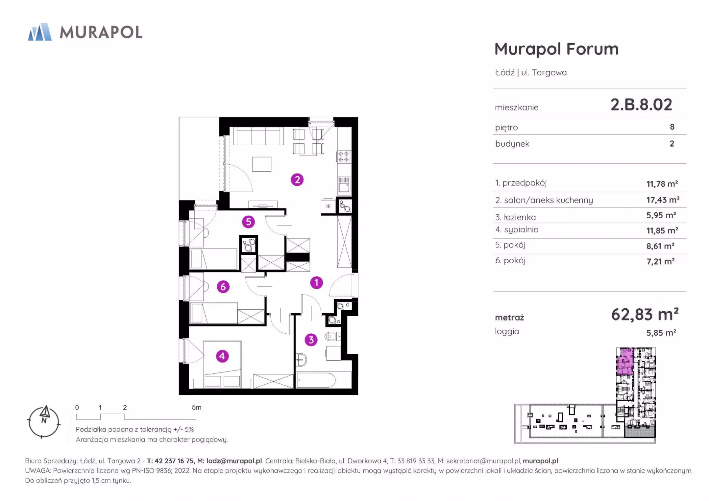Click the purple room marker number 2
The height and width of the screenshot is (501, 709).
pos(297,180)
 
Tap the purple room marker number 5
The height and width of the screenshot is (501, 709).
pos(249,222)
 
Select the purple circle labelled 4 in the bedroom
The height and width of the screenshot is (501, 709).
pos(222,356)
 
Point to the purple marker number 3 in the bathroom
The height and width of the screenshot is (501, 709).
pos(311,340)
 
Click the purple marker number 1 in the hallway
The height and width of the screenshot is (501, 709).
pos(316,283)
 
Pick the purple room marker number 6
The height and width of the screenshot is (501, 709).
pos(223,286)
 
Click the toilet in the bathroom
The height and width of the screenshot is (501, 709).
pos(332,336)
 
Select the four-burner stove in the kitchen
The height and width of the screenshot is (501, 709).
pos(344,157)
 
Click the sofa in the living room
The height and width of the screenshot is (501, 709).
pos(258,136)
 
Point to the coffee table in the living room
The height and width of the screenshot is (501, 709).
pos(262,164)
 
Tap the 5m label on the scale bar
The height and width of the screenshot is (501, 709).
pos(196,408)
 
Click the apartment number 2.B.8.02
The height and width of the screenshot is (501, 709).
pos(641,105)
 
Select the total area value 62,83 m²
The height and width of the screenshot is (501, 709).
pos(645,315)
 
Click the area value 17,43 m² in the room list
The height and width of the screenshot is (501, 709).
pos(663,200)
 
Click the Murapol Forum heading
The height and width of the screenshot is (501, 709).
pos(556,49)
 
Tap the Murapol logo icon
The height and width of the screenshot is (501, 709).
pos(40,32)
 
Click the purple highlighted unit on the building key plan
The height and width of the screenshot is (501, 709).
pos(625,361)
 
